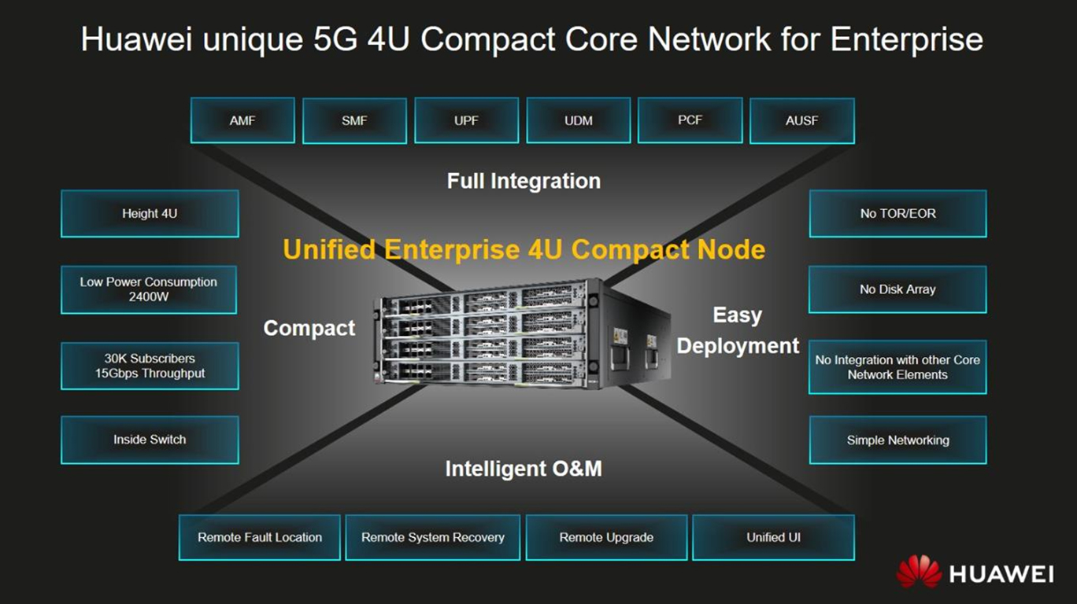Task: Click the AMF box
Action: pyautogui.click(x=242, y=120)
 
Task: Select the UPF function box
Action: pyautogui.click(x=466, y=120)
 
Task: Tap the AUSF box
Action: pyautogui.click(x=801, y=120)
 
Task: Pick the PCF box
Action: pyautogui.click(x=690, y=120)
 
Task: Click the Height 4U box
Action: pyautogui.click(x=150, y=213)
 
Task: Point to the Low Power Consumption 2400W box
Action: pyautogui.click(x=149, y=289)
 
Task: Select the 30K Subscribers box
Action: pyautogui.click(x=150, y=366)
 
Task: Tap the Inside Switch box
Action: pyautogui.click(x=150, y=440)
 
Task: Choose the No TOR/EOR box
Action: pyautogui.click(x=897, y=213)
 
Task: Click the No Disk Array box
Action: pyautogui.click(x=897, y=289)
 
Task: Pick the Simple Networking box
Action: pyautogui.click(x=897, y=440)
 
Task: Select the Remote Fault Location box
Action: pyautogui.click(x=260, y=537)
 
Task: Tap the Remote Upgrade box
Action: pyautogui.click(x=606, y=537)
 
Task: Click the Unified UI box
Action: pyautogui.click(x=773, y=537)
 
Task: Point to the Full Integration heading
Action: pyautogui.click(x=524, y=182)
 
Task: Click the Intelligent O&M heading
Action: pyautogui.click(x=524, y=470)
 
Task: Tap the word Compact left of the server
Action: pyautogui.click(x=309, y=328)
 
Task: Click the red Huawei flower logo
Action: pyautogui.click(x=919, y=572)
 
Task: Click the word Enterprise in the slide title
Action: pyautogui.click(x=906, y=39)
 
